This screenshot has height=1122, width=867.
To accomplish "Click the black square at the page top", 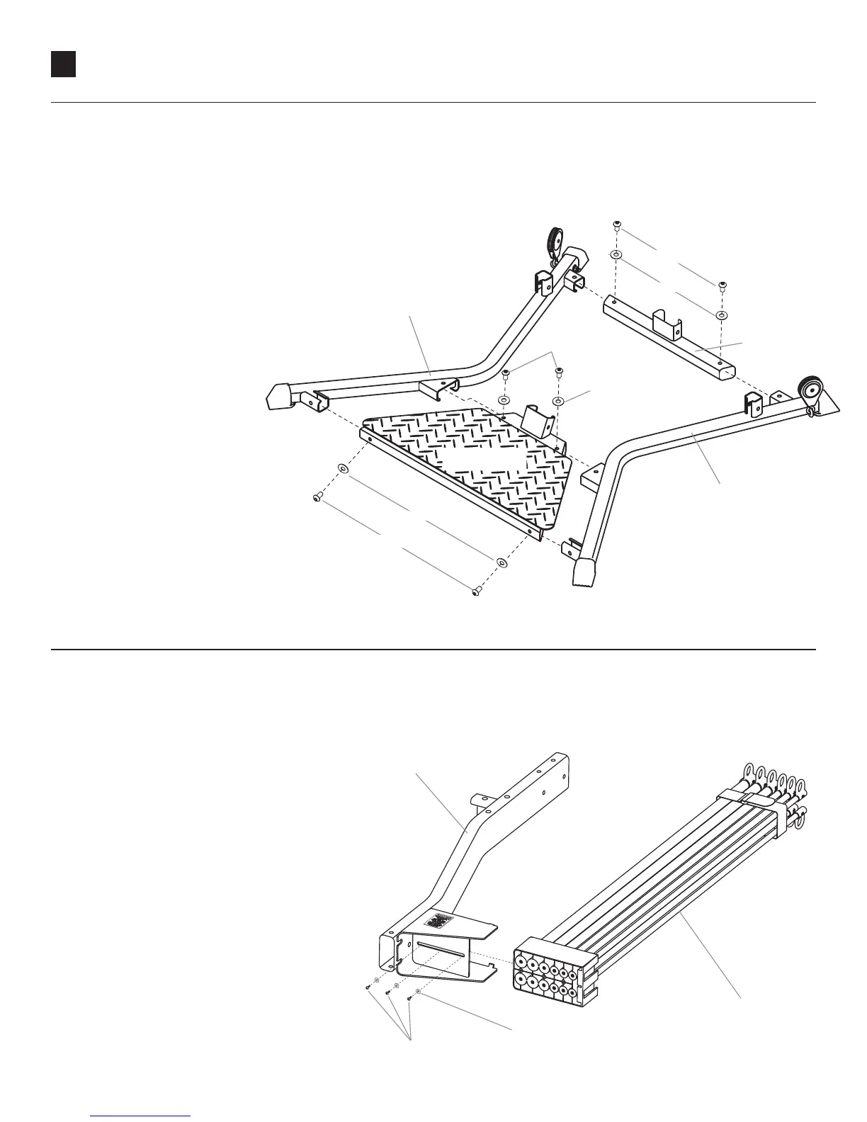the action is click(63, 64).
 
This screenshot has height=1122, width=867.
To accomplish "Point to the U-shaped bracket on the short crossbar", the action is click(667, 324).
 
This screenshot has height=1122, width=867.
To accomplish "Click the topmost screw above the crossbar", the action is click(616, 226).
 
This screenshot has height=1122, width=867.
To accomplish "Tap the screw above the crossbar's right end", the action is click(721, 285).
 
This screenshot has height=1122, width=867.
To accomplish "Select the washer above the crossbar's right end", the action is click(721, 314).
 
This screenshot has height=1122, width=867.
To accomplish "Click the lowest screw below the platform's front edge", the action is click(477, 589).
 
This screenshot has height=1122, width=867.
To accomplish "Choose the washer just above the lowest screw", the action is click(501, 563).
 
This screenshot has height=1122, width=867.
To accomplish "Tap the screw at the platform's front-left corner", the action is click(317, 499).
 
